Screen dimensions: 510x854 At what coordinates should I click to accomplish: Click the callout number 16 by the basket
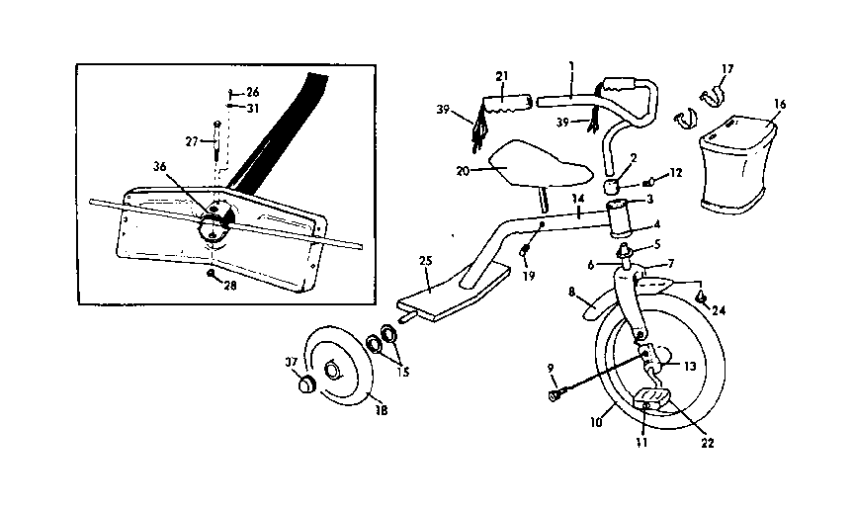click(x=780, y=103)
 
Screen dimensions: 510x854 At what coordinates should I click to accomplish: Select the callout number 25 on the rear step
click(x=426, y=261)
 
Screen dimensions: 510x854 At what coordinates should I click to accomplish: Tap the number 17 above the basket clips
click(x=726, y=68)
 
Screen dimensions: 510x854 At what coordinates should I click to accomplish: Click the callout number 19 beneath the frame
click(x=529, y=277)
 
